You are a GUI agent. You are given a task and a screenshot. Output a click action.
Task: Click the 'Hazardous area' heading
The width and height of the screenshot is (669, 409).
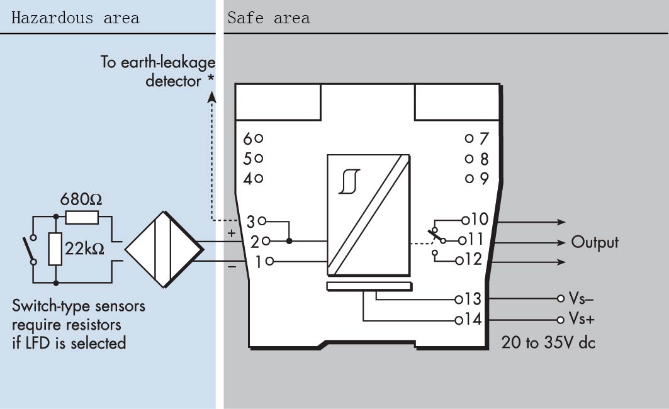(x=75, y=17)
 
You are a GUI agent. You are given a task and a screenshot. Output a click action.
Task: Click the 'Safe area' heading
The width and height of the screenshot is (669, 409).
(x=269, y=17)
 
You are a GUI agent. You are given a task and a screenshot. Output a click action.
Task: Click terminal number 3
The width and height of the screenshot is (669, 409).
(x=250, y=221)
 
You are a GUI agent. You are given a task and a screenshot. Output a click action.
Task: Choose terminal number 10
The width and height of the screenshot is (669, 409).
(x=480, y=219)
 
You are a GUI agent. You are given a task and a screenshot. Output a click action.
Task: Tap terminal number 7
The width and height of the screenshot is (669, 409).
(x=484, y=138)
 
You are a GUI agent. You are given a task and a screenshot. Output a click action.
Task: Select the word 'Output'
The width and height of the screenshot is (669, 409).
(x=595, y=242)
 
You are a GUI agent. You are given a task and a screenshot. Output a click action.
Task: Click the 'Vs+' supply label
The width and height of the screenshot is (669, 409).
(x=582, y=319)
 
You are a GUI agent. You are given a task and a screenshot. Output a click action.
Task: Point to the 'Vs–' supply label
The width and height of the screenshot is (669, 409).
(x=582, y=299)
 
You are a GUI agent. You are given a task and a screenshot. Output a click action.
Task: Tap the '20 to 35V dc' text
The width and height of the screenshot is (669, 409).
(x=548, y=343)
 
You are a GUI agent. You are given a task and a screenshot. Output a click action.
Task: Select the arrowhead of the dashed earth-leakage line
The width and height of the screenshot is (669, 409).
(x=211, y=94)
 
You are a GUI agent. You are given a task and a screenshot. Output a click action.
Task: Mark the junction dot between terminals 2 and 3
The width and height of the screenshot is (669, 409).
(x=289, y=240)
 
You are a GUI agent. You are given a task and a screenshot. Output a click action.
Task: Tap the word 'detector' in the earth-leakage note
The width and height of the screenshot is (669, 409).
(x=173, y=81)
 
